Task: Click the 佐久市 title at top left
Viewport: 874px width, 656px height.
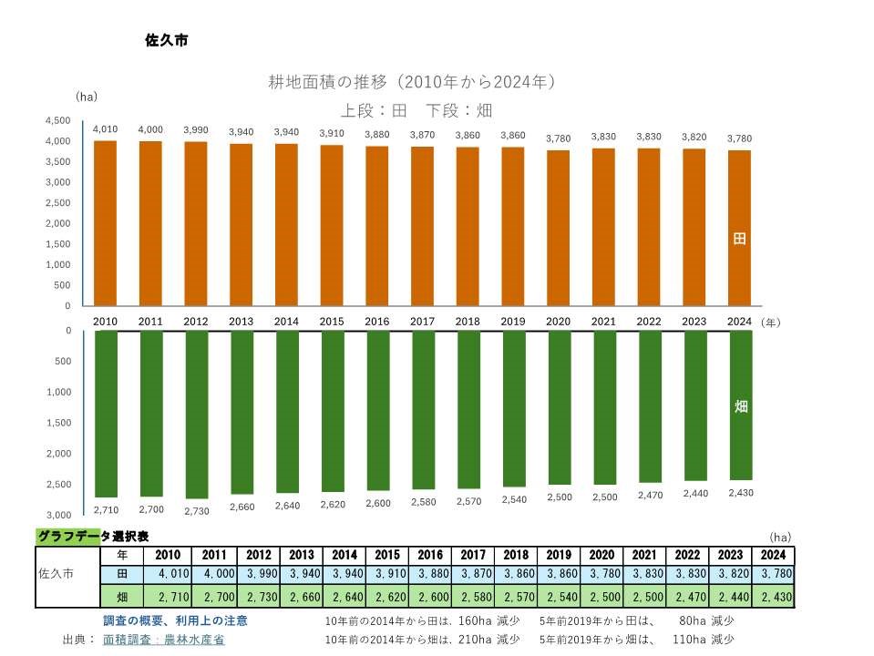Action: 166,40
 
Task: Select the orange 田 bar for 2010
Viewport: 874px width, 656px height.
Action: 106,223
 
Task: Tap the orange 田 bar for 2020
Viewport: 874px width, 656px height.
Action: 558,228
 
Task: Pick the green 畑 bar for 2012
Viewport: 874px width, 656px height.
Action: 196,414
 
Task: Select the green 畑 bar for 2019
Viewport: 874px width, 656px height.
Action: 513,408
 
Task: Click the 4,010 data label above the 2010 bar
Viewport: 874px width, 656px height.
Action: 106,129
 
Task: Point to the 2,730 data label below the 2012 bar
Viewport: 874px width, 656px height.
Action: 196,511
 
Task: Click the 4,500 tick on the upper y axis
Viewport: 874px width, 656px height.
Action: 57,120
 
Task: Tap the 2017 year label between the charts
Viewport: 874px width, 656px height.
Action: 422,322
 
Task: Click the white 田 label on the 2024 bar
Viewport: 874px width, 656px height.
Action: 739,239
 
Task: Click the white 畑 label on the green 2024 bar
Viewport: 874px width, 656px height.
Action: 740,406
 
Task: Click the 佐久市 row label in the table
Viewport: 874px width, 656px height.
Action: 57,575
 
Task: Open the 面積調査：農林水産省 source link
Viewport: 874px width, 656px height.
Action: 164,640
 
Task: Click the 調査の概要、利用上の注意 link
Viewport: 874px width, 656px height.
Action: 175,620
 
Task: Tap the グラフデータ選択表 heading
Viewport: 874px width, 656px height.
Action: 93,537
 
